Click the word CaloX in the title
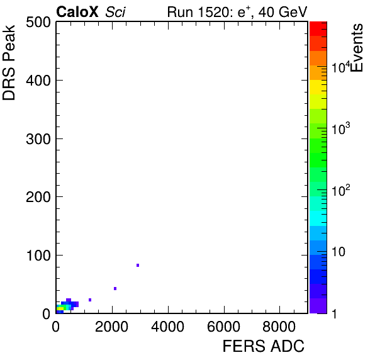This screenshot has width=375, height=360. click(77, 12)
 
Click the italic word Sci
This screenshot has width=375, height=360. click(115, 12)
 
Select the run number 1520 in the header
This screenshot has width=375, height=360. click(214, 12)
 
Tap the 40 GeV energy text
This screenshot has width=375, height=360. click(283, 12)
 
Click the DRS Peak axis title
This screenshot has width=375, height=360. click(9, 62)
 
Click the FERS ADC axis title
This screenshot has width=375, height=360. click(264, 346)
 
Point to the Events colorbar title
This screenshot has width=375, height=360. click(357, 48)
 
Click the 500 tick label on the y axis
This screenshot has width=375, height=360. click(38, 23)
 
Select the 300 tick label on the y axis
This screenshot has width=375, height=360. click(38, 138)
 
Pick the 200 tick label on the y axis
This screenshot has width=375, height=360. click(38, 197)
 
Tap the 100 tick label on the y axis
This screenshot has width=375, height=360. click(38, 256)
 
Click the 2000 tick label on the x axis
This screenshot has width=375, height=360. click(112, 327)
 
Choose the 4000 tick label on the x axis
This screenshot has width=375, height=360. click(168, 327)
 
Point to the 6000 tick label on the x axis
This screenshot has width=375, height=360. click(223, 327)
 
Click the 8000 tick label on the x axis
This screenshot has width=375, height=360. click(279, 327)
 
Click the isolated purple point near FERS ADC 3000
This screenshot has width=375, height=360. click(138, 265)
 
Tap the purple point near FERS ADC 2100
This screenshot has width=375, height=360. click(115, 288)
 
